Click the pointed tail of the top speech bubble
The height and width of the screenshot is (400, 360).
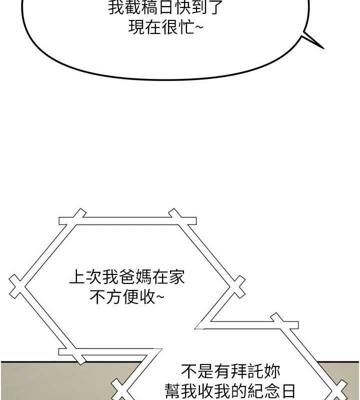tap(320, 46)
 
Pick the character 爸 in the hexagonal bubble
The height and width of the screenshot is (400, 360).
tap(125, 277)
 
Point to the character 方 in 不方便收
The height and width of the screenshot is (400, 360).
tap(113, 298)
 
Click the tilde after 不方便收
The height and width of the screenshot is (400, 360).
tap(159, 298)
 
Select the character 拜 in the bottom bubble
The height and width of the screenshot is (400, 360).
tap(238, 371)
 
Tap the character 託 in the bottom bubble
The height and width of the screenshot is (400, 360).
tap(255, 371)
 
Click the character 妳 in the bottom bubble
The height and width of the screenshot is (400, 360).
tap(271, 371)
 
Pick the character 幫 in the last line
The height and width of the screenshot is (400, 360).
tap(173, 390)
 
